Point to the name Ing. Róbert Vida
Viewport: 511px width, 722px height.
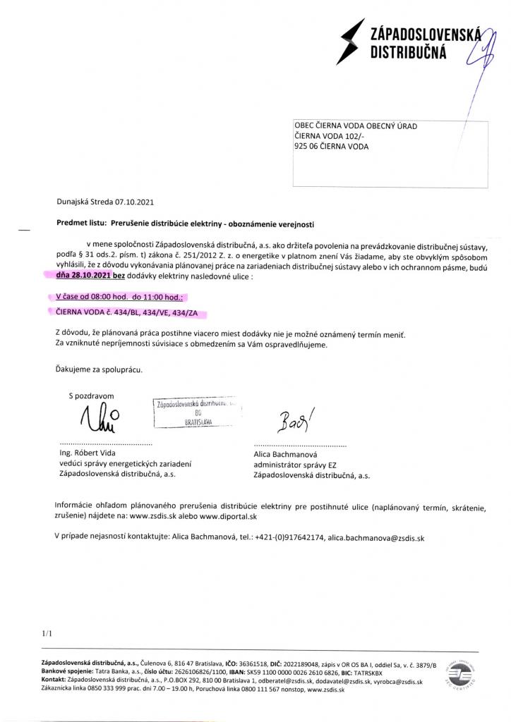[88, 453]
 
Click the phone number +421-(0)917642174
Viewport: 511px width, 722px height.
[289, 537]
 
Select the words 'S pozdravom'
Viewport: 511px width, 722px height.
[91, 396]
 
